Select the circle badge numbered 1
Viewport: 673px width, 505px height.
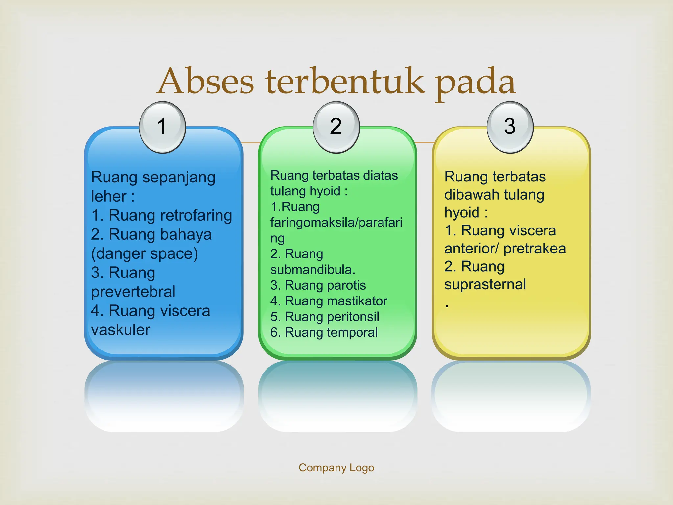coord(162,127)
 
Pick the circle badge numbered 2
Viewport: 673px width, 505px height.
coord(336,127)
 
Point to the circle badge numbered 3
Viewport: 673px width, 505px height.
coord(510,127)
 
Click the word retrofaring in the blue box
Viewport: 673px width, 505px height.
coord(196,216)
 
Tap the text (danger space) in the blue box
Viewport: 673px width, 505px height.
coord(145,254)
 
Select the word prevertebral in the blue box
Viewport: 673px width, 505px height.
coord(133,292)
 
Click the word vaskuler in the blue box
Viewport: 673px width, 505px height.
coord(121,330)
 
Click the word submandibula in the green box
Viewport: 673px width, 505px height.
coord(312,270)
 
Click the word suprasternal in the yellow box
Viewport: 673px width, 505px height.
coord(485,285)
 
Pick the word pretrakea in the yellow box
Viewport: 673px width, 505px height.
coord(535,249)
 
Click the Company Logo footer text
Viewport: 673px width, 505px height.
coord(336,468)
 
